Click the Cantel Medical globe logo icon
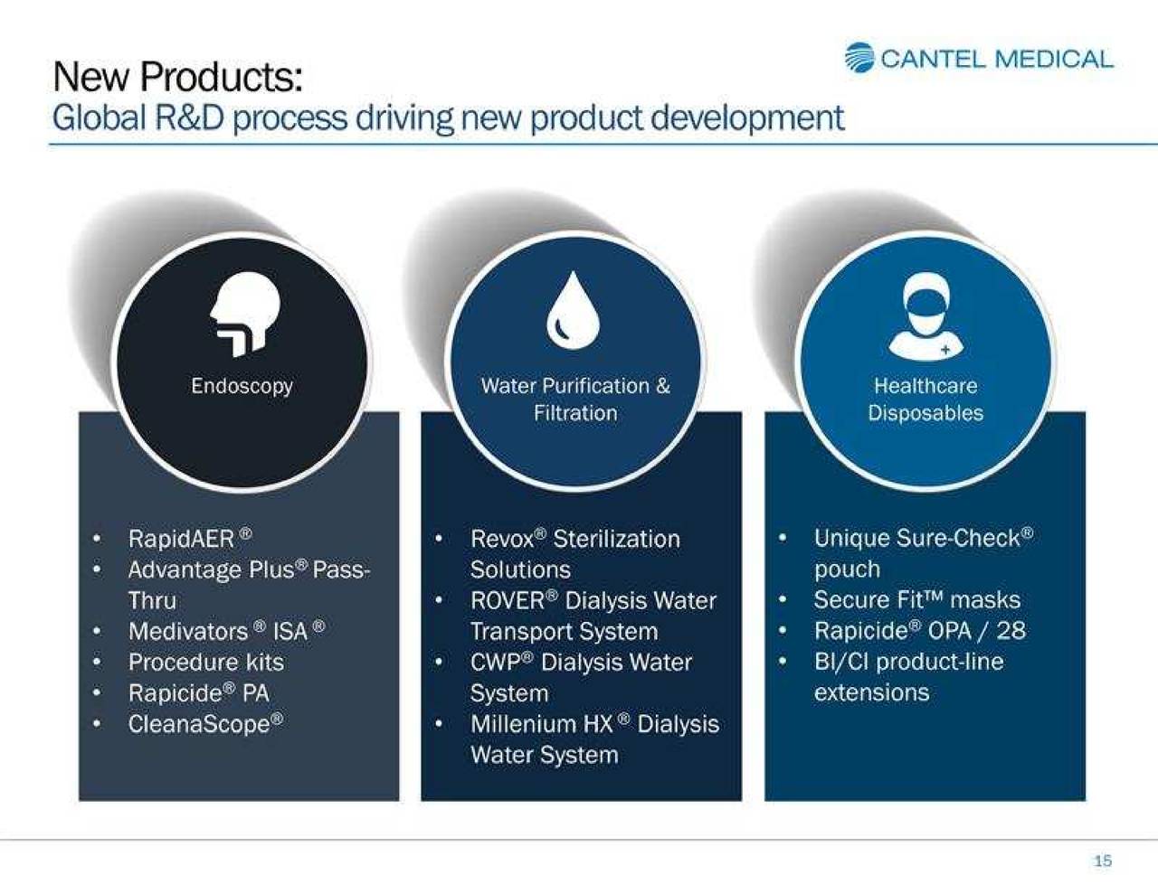tap(859, 58)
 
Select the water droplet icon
tap(574, 310)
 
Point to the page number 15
tap(1103, 861)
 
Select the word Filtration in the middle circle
tap(575, 413)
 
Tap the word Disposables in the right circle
tap(925, 414)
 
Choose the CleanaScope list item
tap(205, 724)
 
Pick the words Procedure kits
tap(206, 663)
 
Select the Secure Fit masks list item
tap(917, 600)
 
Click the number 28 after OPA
tap(1011, 631)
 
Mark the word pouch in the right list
tap(848, 570)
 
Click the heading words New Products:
tap(177, 78)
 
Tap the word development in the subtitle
tap(747, 118)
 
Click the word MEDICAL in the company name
tap(1055, 59)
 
